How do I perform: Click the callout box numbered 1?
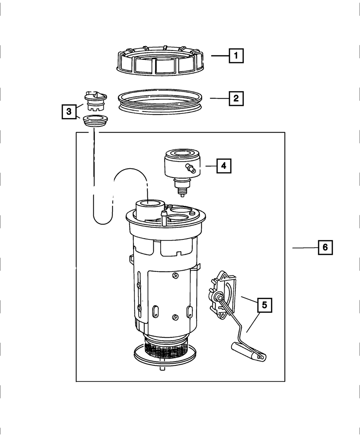pos(236,56)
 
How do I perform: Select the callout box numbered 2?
pos(236,98)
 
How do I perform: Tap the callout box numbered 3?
pos(69,112)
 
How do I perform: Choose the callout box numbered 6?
pos(325,247)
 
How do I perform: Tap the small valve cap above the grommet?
pos(95,100)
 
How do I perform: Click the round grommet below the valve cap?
pos(95,120)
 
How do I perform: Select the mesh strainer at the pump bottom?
pos(166,347)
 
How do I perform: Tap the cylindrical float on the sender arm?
pos(248,351)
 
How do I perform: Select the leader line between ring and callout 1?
pos(220,56)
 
